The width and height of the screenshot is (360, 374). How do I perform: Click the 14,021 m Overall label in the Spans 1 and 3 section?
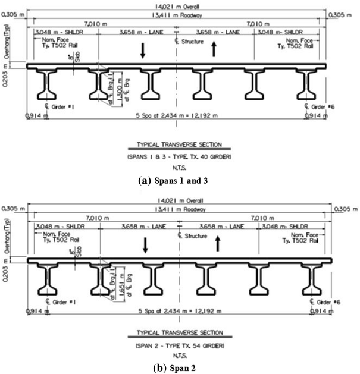[180, 5]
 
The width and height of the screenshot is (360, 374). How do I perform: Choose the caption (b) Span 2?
[180, 367]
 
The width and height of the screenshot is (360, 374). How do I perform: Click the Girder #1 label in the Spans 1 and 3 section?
[55, 107]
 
